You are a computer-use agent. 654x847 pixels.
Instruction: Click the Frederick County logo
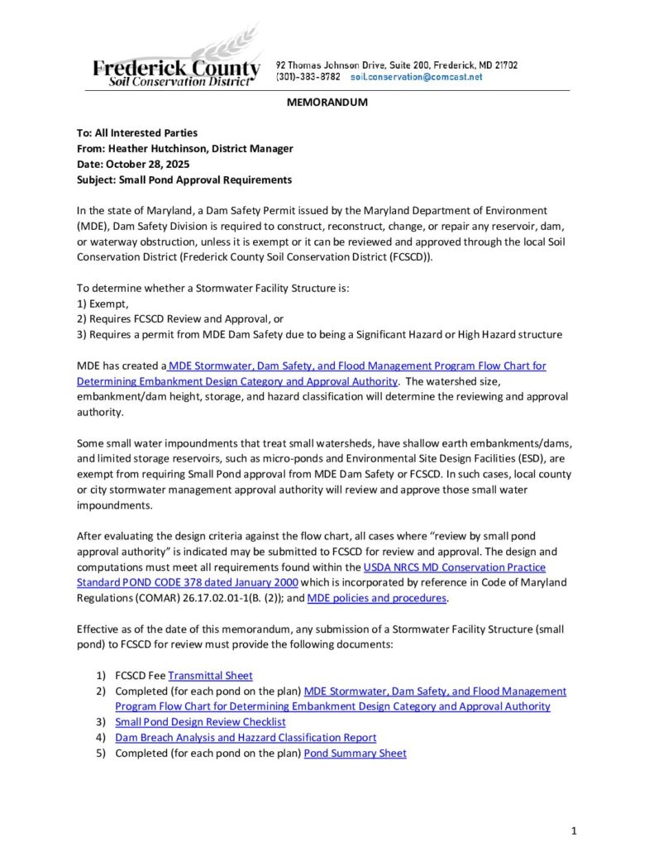coord(175,62)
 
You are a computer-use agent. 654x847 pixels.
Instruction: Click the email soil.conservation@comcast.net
coord(416,77)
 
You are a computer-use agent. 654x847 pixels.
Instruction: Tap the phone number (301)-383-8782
coord(308,77)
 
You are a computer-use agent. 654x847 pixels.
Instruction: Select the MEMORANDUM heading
coord(327,103)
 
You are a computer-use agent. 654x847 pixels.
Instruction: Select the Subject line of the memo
coord(184,179)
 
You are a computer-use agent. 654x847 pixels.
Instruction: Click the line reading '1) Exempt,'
coord(103,304)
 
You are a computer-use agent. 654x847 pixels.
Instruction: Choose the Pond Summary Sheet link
coord(355,753)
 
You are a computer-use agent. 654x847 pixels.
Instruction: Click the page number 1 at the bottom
coord(574,830)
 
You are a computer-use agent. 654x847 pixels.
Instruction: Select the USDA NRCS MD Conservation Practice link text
coord(454,567)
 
